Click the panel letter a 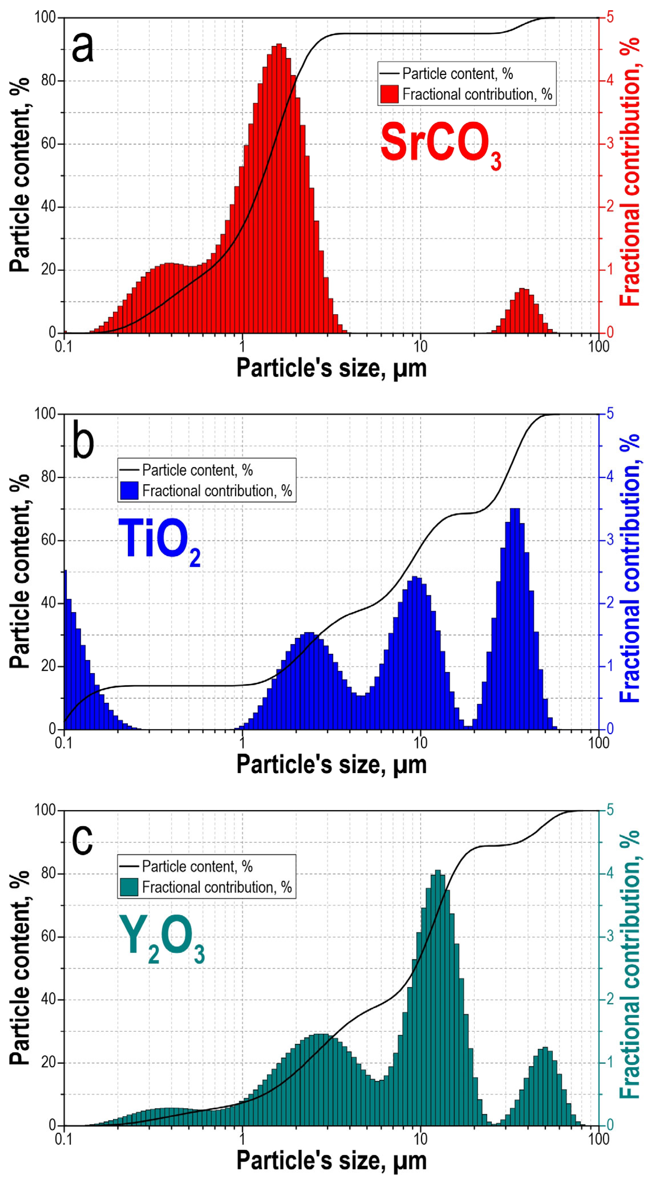click(x=83, y=48)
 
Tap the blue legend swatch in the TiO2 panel click(x=129, y=490)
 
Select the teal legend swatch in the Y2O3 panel click(x=129, y=887)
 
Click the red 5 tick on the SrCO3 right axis click(x=610, y=17)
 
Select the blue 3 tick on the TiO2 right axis click(x=610, y=540)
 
